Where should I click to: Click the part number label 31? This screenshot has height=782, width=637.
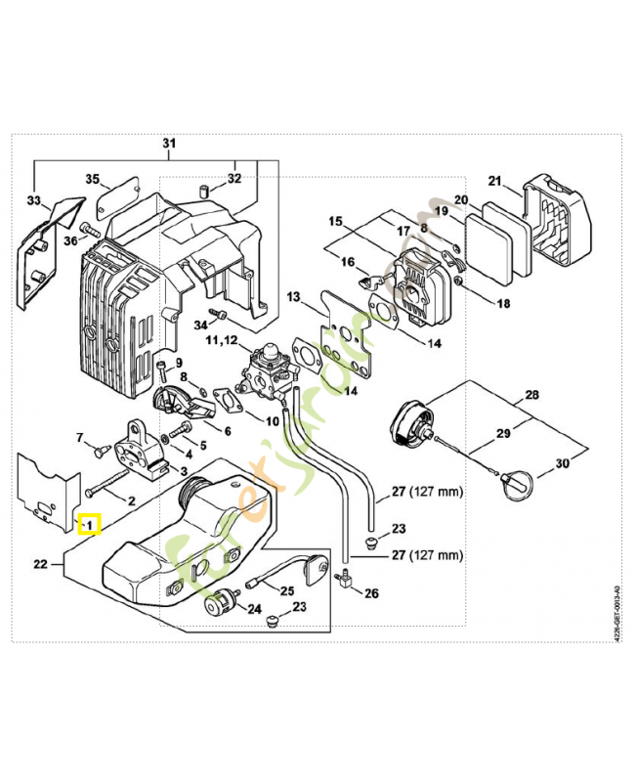point(169,145)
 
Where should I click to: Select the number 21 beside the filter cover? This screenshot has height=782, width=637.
point(494,181)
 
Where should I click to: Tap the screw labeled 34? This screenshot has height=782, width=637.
point(219,315)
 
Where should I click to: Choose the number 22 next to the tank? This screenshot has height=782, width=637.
point(40,563)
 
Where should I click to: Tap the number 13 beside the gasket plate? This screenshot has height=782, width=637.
point(293,296)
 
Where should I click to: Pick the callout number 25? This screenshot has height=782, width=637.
point(287,590)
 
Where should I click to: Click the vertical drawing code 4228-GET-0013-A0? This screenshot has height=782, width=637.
point(615,614)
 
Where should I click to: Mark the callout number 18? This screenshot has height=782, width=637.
point(503,304)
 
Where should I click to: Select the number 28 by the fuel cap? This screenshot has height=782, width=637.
point(531,395)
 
